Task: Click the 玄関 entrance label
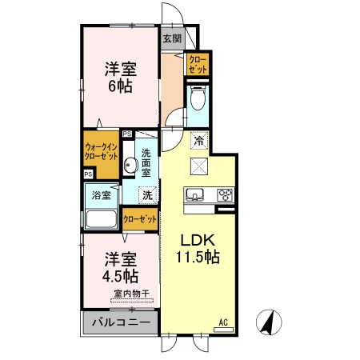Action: pos(171,38)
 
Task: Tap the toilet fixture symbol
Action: pos(198,100)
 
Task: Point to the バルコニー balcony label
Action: pos(119,323)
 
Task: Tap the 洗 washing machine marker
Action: pos(148,194)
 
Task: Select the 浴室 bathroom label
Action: pos(102,194)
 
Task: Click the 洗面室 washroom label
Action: pos(147,162)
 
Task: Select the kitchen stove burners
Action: pos(224,194)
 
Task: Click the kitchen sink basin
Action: pos(195,194)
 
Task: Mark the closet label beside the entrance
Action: pos(198,65)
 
